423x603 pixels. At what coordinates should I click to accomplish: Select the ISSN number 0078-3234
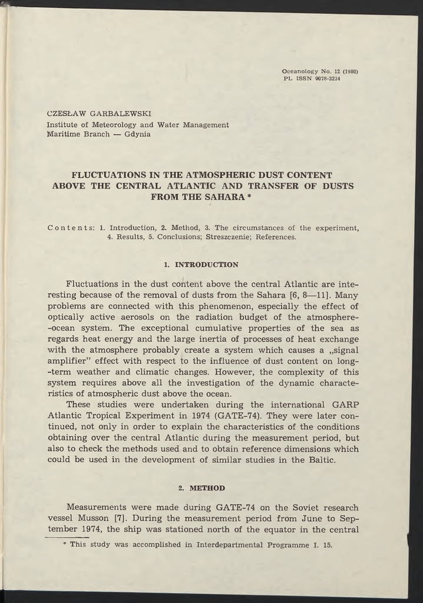[325, 79]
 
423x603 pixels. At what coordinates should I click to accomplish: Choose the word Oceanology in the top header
[301, 72]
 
